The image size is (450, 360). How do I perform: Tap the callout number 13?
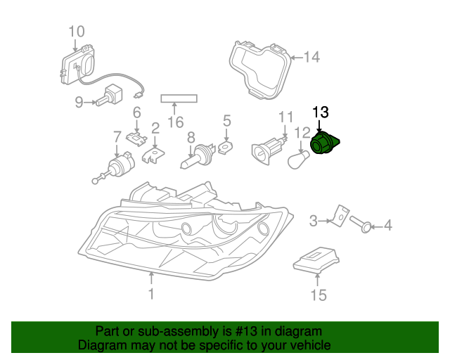(x=320, y=112)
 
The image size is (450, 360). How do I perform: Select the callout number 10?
(x=76, y=31)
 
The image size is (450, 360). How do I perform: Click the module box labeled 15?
(x=317, y=261)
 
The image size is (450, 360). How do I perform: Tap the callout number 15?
(x=319, y=295)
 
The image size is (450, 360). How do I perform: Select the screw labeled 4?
(x=361, y=225)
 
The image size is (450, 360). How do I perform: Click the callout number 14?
(x=311, y=57)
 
